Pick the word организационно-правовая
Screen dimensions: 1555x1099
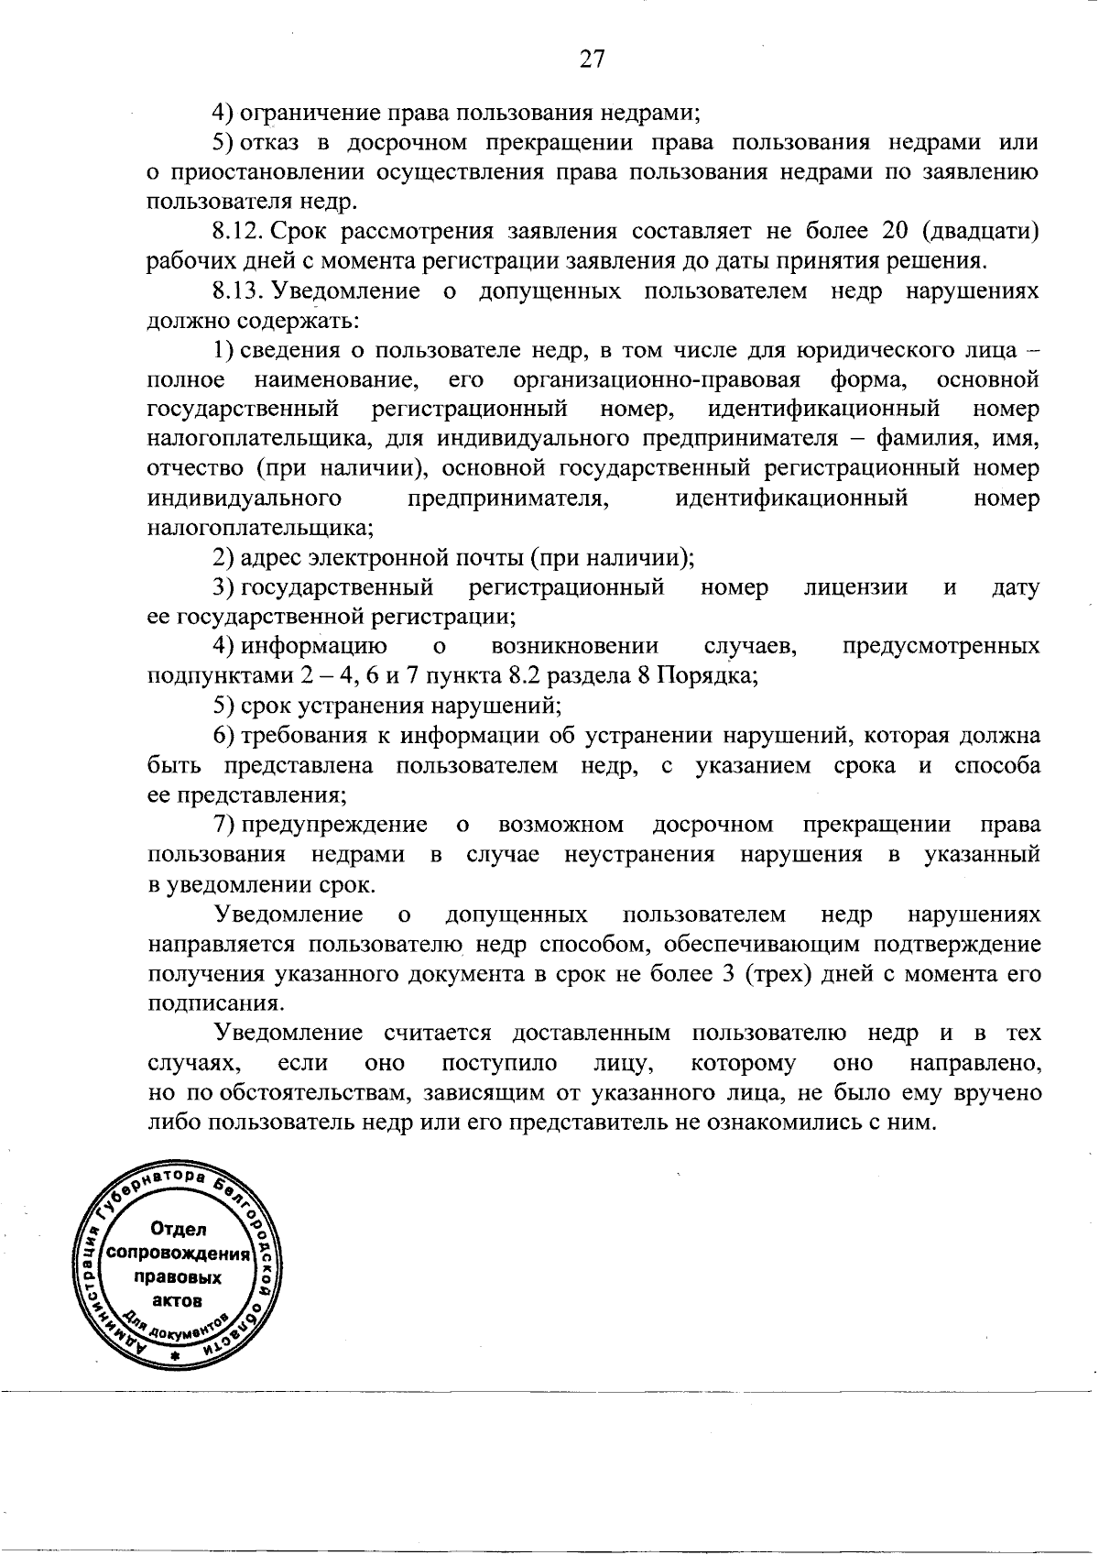657,379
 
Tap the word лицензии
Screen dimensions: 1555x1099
855,587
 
